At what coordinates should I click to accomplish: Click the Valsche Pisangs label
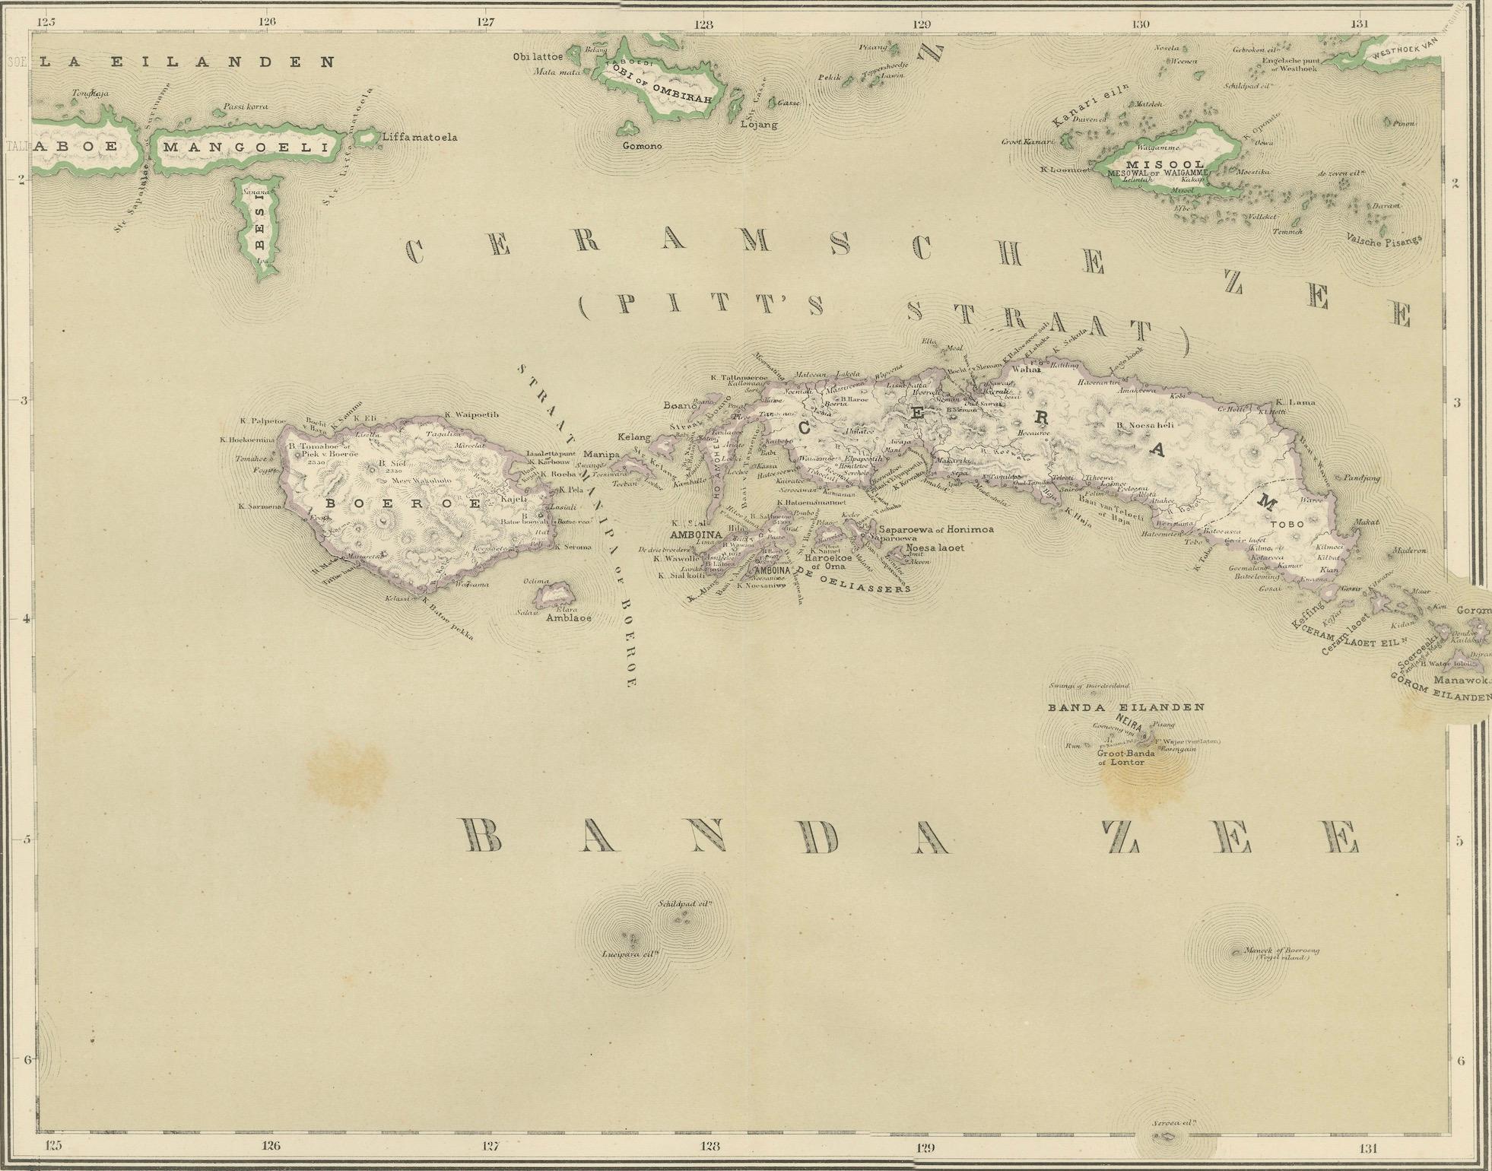(1383, 237)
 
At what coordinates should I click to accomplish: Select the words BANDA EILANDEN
(1125, 707)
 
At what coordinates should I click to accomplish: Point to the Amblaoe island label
(568, 618)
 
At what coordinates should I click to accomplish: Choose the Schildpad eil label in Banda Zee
(685, 904)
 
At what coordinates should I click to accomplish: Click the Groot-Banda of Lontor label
(1125, 757)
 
